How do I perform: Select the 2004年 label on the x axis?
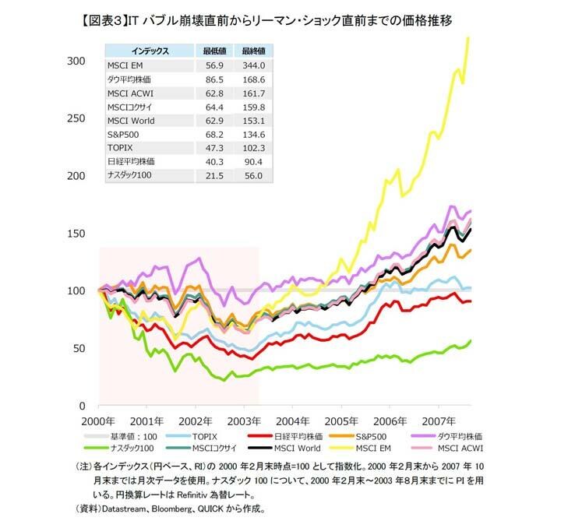pos(292,421)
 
